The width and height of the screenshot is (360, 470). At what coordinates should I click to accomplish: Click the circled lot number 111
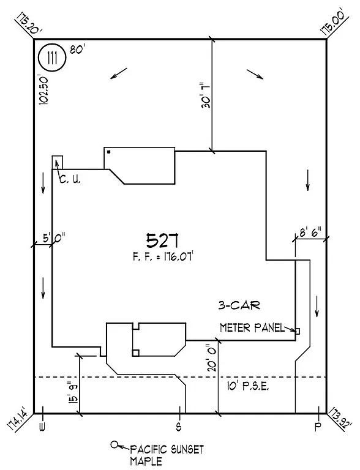pos(51,59)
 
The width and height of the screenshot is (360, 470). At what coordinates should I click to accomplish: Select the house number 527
pos(163,239)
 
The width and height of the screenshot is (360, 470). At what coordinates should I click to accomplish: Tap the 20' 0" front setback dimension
pos(210,358)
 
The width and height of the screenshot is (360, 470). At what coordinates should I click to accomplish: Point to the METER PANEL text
pos(252,328)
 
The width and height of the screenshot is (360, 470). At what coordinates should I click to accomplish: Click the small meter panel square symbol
pos(298,330)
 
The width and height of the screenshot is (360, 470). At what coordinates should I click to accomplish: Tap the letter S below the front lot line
pos(179,425)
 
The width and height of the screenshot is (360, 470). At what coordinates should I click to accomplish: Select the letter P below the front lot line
pos(318,425)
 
